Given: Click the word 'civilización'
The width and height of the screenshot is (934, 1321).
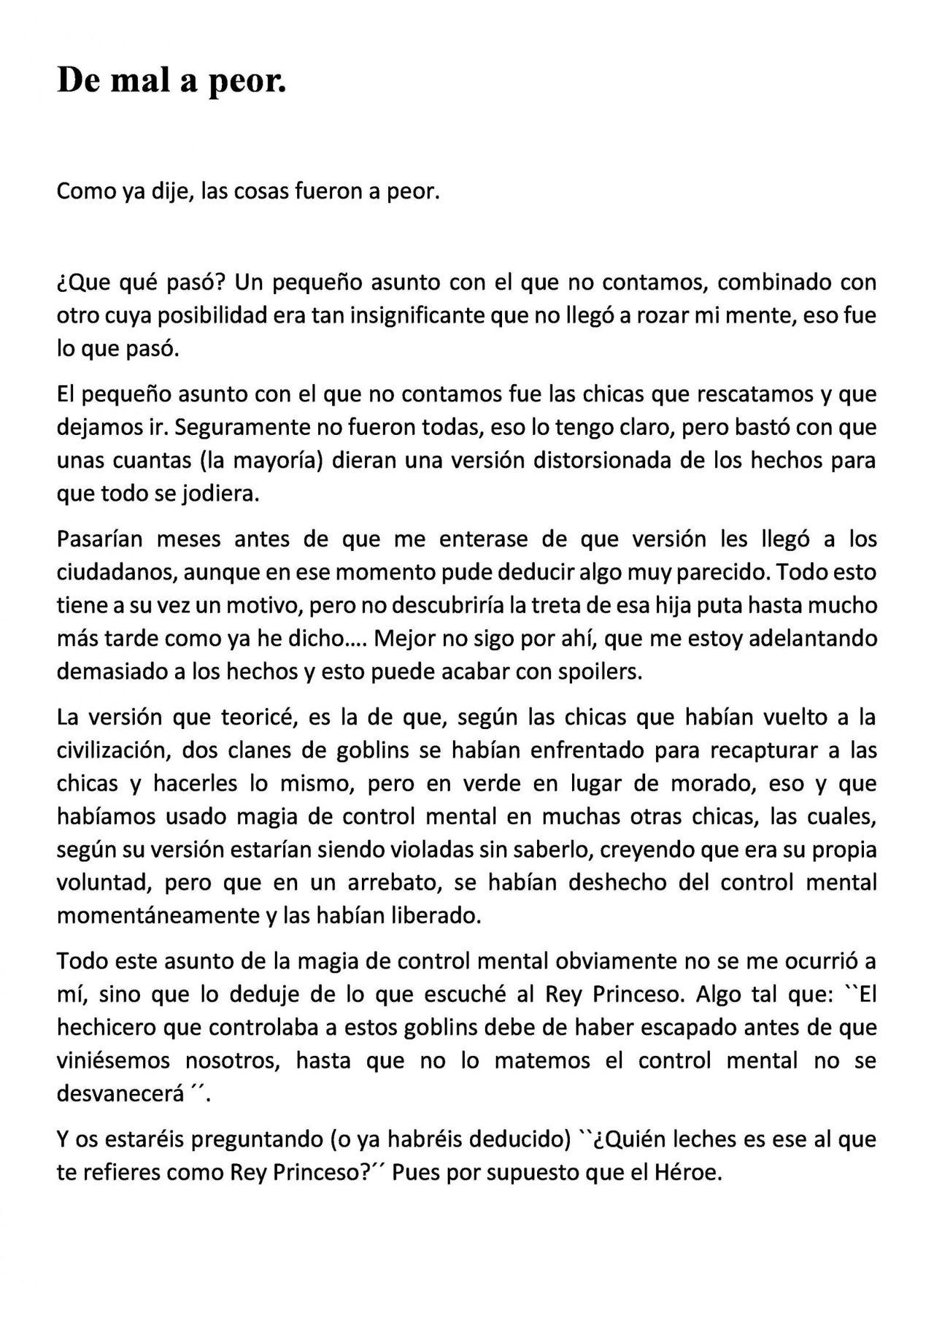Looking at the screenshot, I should [112, 750].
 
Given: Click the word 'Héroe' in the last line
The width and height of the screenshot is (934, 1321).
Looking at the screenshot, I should [687, 1172].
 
